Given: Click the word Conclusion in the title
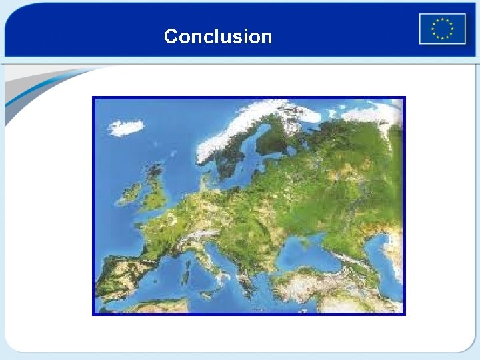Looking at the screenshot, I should [x=218, y=36].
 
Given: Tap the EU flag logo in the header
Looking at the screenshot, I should [x=442, y=29].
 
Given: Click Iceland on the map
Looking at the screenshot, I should [x=126, y=127].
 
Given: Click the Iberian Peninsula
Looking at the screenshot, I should [x=123, y=277].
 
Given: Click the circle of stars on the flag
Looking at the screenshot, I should [x=442, y=29].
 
